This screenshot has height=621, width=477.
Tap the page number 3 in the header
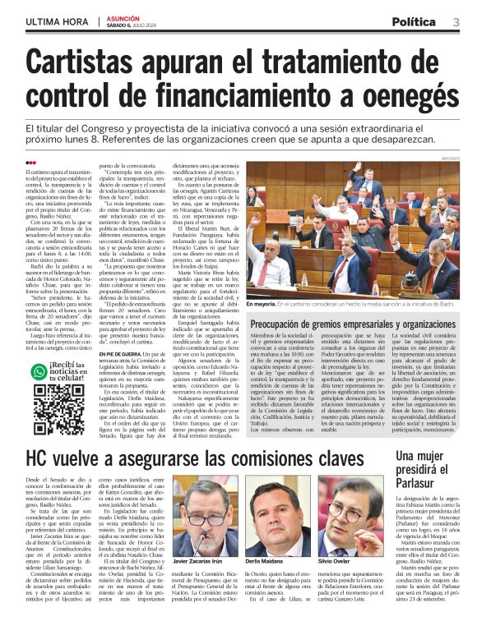pyautogui.click(x=457, y=21)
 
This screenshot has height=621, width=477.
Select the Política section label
pyautogui.click(x=419, y=21)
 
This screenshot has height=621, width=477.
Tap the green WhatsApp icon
pyautogui.click(x=38, y=371)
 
